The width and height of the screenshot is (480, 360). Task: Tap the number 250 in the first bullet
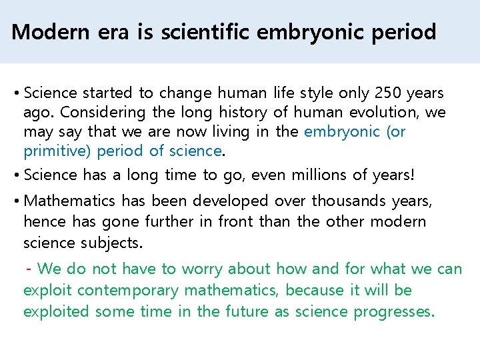point(389,93)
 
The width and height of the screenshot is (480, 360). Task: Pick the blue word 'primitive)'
point(57,151)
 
